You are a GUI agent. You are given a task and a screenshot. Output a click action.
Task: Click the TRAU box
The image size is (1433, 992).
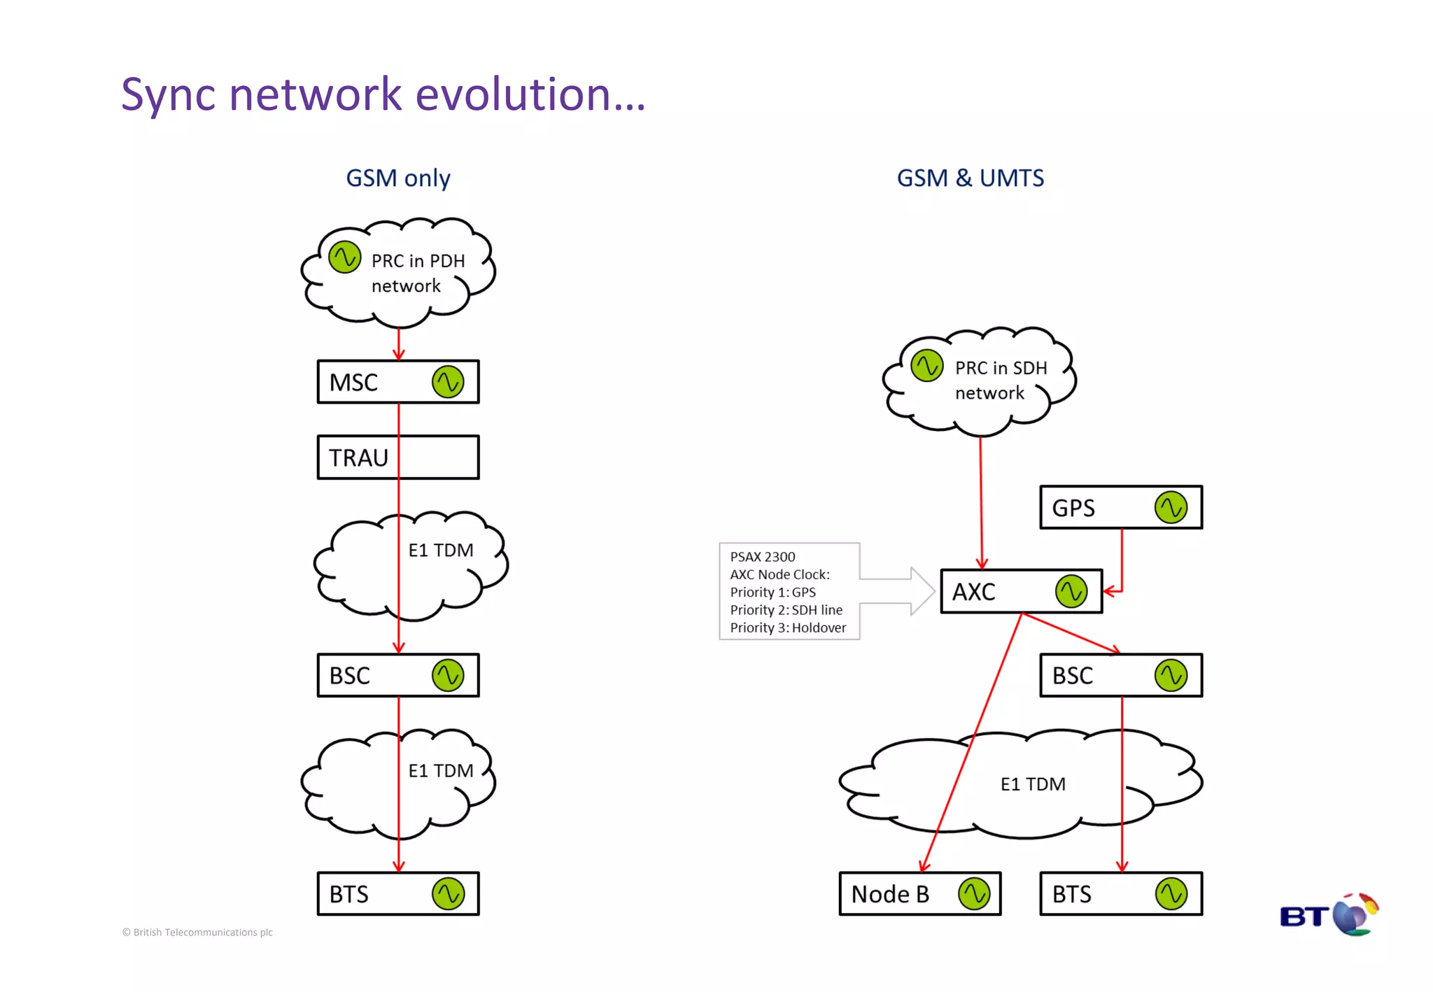397,458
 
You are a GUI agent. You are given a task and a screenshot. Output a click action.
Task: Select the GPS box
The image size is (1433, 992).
1120,507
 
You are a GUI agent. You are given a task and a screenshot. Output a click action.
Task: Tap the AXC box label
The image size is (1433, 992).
973,593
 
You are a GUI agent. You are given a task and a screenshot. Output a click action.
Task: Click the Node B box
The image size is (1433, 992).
919,893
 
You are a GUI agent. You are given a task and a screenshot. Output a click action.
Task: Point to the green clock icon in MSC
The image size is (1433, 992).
448,382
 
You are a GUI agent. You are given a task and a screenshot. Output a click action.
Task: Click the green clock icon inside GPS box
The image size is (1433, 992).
1171,507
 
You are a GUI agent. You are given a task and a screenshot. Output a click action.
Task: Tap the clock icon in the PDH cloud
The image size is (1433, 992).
344,257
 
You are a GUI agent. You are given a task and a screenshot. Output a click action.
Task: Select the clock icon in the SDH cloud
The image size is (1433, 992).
927,366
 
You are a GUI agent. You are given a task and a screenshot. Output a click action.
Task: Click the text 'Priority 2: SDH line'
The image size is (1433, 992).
786,610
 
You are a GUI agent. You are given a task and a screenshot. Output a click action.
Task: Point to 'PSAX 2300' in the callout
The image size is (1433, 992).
762,557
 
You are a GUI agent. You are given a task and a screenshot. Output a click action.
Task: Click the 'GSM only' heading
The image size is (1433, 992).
397,178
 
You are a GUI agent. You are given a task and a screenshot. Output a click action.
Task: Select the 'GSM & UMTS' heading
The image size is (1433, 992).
970,178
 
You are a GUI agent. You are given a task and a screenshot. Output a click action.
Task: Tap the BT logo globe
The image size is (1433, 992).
1354,914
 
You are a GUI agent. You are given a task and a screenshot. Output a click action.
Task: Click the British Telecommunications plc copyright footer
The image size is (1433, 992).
197,932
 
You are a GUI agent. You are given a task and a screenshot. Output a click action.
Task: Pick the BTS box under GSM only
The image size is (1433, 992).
397,893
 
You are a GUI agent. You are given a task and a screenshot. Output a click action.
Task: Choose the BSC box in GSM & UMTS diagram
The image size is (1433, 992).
1120,675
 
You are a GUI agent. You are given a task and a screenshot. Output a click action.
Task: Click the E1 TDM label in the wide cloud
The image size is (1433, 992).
1033,784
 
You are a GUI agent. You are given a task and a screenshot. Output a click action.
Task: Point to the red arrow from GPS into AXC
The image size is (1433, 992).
1122,560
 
